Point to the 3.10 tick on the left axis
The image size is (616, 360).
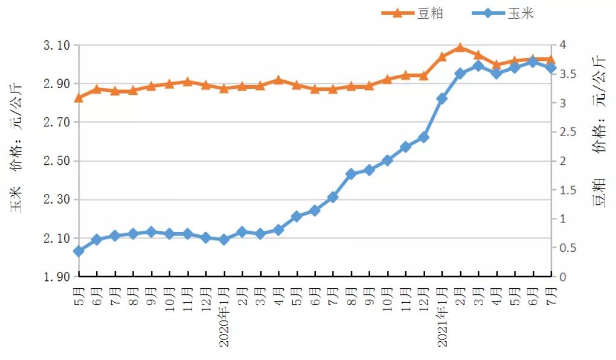tap(57, 45)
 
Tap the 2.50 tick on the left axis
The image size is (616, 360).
tap(57, 161)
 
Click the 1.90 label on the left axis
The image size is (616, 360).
tap(57, 277)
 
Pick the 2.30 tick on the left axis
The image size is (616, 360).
tap(57, 200)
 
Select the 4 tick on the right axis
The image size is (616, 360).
tap(563, 45)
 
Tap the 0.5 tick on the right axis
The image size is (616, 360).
tap(567, 248)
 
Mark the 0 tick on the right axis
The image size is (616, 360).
tap(563, 277)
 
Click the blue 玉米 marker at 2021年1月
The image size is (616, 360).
tap(442, 98)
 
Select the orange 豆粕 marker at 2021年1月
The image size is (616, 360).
tap(442, 57)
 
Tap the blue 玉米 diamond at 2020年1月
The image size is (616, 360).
tap(224, 240)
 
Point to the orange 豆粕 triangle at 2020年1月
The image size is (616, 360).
tap(224, 88)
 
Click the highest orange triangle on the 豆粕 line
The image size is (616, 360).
tap(460, 47)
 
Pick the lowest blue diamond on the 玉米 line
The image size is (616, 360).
tap(79, 251)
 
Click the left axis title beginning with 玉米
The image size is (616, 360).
tap(16, 148)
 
